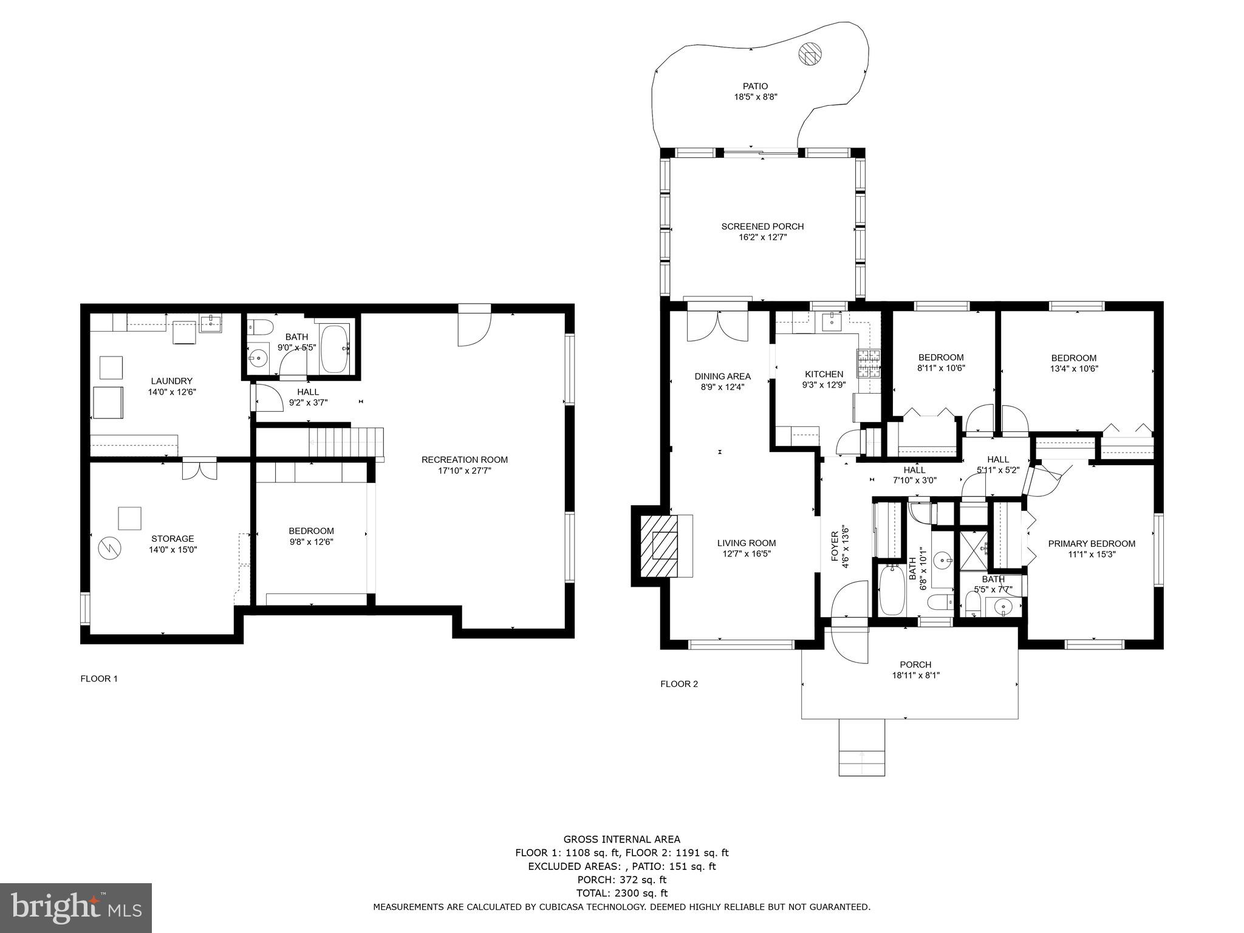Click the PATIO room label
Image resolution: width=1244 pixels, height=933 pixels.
coord(755,86)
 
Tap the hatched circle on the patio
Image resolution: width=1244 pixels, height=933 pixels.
coord(809,53)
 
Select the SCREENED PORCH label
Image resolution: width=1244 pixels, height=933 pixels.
coord(762,227)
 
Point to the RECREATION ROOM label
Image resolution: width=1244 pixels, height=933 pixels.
coord(464,460)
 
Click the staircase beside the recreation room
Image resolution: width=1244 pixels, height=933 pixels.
coord(347,442)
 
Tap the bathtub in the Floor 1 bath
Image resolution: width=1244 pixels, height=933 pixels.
coord(335,349)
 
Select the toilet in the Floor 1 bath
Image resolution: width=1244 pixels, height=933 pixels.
coord(259,328)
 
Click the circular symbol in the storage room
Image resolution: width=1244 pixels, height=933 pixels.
coord(110,549)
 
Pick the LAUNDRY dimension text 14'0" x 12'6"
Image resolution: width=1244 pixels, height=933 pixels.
coord(172,392)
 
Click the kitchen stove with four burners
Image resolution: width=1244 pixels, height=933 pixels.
coord(869,363)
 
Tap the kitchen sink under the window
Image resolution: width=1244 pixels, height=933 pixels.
coord(830,322)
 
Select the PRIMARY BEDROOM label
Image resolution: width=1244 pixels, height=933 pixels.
coord(1092,544)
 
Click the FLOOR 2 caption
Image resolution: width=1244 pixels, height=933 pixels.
coord(679,684)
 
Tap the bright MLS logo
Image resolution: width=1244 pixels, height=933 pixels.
coord(76,907)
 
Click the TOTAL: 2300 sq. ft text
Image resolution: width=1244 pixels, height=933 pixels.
coord(621,893)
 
